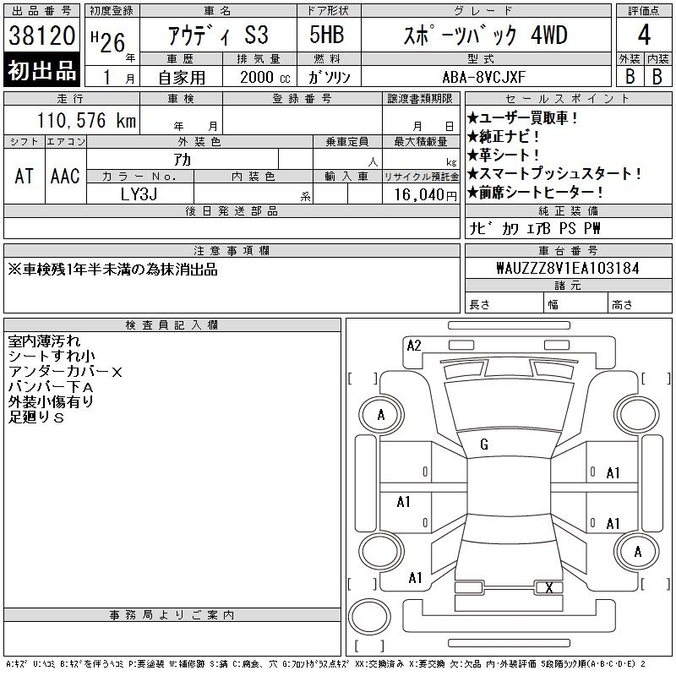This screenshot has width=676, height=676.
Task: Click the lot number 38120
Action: [41, 35]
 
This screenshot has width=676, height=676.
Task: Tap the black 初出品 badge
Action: [41, 70]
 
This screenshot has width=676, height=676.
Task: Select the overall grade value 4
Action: [644, 35]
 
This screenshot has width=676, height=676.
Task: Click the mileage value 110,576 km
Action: [86, 120]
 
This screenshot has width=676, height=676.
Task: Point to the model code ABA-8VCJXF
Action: [483, 77]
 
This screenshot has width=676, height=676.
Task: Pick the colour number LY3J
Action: [139, 194]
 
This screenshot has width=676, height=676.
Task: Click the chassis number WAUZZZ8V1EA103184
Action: [568, 268]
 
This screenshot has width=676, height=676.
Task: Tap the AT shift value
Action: [24, 176]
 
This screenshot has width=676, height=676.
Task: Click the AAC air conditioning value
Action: [65, 176]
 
